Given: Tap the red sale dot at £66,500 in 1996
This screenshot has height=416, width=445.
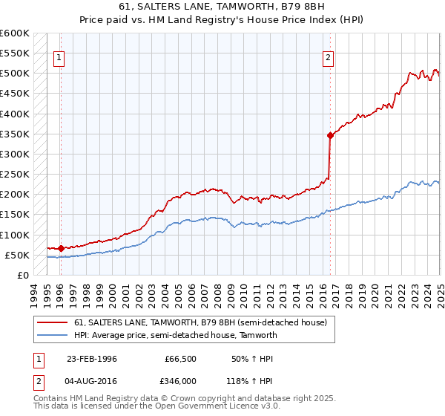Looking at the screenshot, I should pos(61,248).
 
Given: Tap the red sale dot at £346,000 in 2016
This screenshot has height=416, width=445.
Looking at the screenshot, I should pos(329,135).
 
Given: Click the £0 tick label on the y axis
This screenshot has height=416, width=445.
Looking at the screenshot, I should pos(22,275).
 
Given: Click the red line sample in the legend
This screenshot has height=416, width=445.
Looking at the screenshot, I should pos(53,322).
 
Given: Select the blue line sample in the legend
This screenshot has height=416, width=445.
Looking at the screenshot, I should pos(53,335).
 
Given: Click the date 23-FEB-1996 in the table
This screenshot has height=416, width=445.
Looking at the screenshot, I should pos(92,359).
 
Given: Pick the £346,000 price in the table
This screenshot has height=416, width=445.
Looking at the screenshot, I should pos(181,380).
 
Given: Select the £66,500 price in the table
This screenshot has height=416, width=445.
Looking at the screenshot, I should pos(180,359).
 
